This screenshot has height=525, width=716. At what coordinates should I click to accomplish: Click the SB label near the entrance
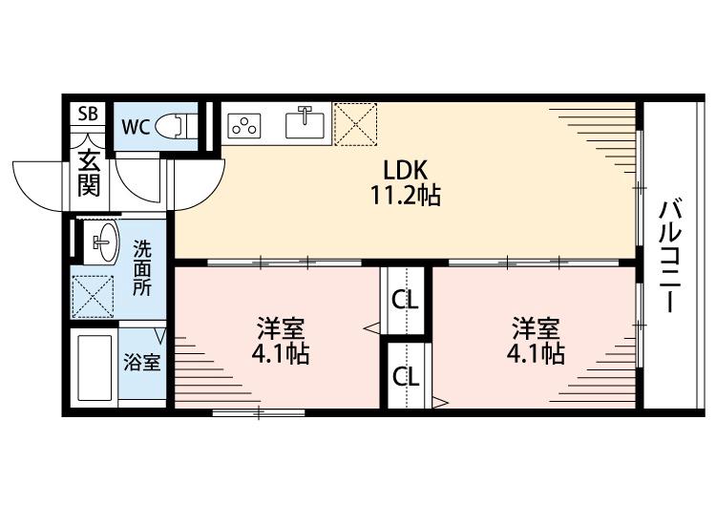click(x=88, y=114)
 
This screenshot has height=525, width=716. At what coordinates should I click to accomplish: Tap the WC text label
click(x=136, y=126)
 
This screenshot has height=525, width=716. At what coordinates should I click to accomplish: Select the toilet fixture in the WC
click(x=176, y=126)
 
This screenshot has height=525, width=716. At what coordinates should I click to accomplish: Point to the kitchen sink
click(x=305, y=123)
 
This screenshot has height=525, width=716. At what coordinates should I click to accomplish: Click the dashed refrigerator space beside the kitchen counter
click(x=356, y=124)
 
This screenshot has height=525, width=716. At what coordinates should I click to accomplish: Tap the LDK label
click(x=405, y=170)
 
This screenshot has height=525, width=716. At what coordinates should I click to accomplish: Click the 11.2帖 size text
click(x=405, y=196)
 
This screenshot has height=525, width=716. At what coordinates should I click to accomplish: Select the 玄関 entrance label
click(x=89, y=173)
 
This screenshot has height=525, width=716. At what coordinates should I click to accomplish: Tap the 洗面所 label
click(x=142, y=268)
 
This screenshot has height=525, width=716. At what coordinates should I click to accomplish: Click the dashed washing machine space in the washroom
click(x=94, y=297)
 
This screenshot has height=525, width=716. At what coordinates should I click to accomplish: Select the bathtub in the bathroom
click(x=95, y=367)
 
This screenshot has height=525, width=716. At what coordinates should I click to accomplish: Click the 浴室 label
click(x=142, y=363)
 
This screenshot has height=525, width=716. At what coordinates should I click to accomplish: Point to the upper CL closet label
click(x=405, y=301)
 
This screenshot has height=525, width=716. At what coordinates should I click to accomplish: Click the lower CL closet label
click(x=406, y=377)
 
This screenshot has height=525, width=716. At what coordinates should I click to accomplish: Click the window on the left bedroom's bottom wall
click(x=259, y=413)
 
